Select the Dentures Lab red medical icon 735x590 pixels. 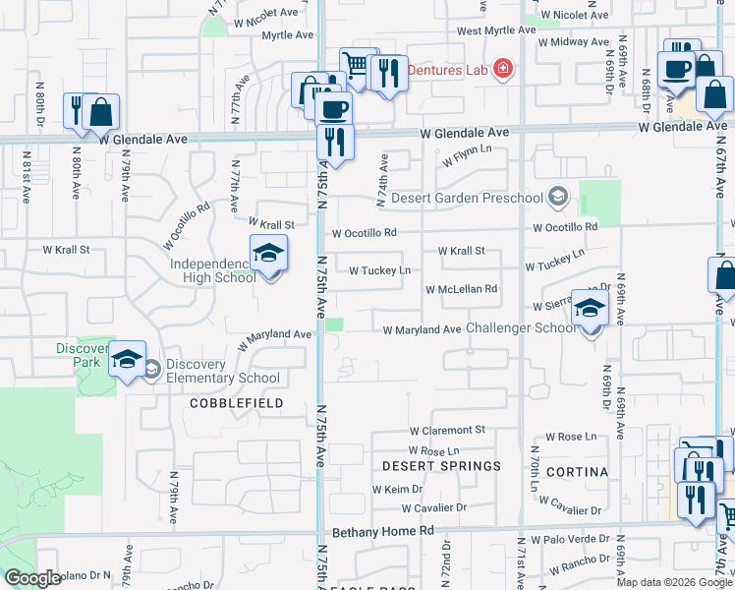(503, 69)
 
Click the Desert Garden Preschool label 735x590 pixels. (467, 198)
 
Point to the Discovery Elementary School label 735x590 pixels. (222, 371)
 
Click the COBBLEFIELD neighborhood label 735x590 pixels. (236, 403)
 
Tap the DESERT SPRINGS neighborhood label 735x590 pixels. (441, 465)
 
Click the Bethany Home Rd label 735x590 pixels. (382, 531)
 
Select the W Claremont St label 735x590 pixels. (447, 431)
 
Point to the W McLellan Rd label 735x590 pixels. (461, 289)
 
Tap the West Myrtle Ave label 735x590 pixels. (496, 30)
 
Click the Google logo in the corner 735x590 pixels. (32, 578)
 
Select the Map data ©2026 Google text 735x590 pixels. (674, 582)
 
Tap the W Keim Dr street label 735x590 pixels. (397, 489)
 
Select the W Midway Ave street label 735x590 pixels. (573, 42)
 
